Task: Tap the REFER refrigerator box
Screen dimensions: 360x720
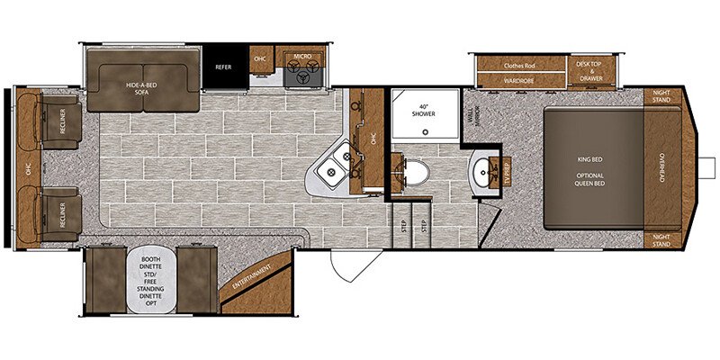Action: coord(222,67)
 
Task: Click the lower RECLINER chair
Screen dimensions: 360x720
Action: coord(56,210)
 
